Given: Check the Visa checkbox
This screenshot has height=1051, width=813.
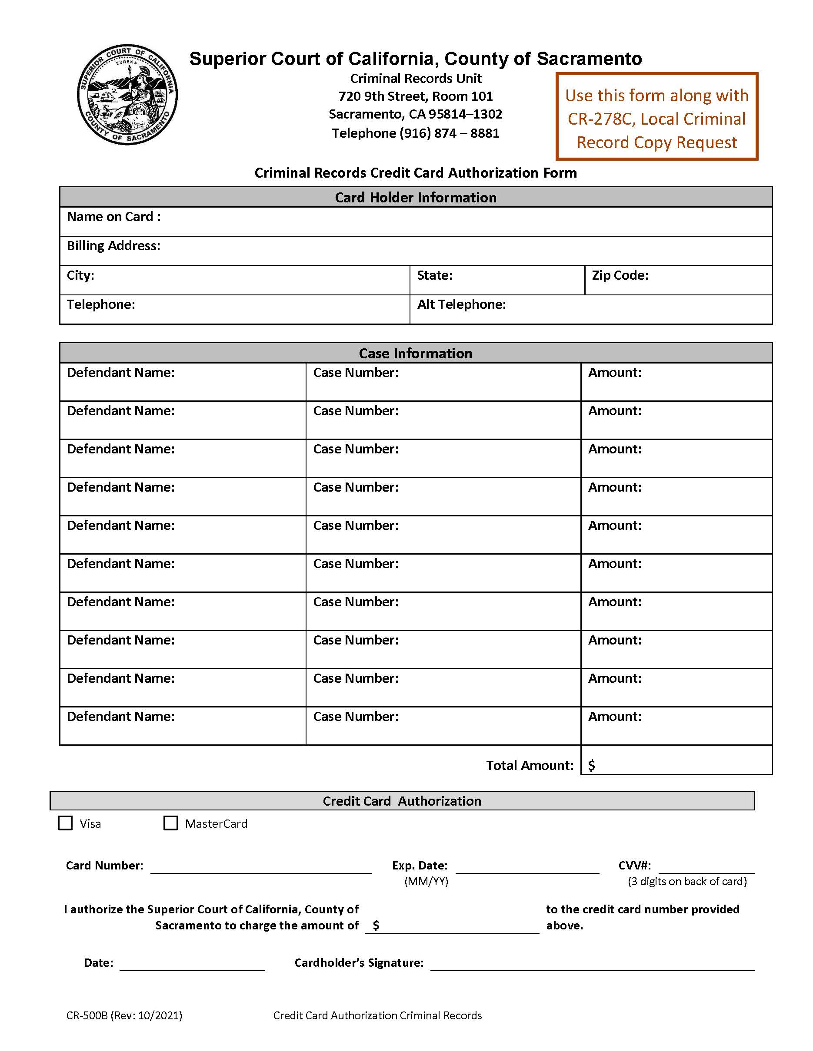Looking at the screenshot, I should coord(65,823).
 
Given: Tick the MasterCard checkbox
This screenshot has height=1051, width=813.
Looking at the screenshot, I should coord(170,823).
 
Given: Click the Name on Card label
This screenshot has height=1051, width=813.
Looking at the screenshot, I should coord(113,217).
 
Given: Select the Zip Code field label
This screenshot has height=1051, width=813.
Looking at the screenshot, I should coord(620,275).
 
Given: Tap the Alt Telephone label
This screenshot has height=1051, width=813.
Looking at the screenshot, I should coord(461,304).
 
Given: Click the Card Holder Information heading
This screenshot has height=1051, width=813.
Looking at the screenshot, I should coord(415,197).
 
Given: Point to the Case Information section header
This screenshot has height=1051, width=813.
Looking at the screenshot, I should coord(415,353).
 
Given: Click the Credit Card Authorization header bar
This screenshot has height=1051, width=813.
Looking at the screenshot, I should coord(402,801).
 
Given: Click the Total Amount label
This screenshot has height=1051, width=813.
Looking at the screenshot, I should coord(529,765).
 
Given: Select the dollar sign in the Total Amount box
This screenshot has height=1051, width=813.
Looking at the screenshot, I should coord(591,765).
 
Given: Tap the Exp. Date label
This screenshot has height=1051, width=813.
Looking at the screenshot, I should coord(420,865).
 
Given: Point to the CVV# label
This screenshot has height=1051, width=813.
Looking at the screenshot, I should coord(634,865).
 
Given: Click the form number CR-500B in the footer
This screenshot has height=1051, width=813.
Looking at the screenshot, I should coord(87,1015).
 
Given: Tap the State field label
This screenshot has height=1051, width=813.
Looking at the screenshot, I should coord(434,275).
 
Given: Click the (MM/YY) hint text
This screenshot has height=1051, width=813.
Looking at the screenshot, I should coord(426,881).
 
